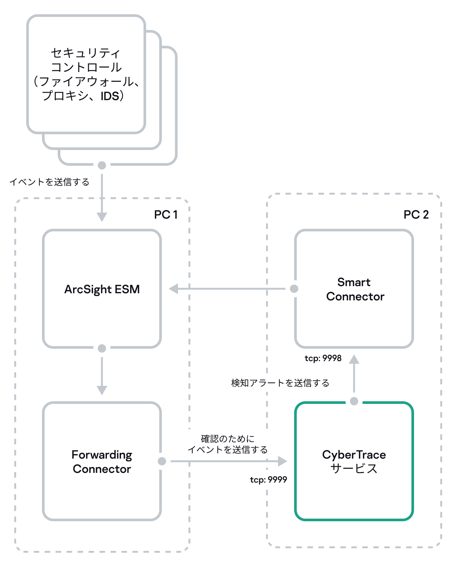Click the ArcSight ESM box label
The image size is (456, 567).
[x=102, y=289]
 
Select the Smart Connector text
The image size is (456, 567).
[x=355, y=289]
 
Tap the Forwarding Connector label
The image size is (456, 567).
[x=102, y=462]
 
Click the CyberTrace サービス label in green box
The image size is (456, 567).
[x=354, y=462]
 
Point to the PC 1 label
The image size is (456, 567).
[x=166, y=214]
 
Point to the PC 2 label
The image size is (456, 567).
[x=416, y=214]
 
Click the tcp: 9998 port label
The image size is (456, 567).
[x=323, y=358]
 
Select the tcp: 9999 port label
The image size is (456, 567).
[x=268, y=480]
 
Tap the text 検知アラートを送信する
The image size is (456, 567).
[x=280, y=383]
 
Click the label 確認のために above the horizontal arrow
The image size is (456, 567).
[x=227, y=438]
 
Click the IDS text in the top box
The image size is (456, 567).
[x=110, y=96]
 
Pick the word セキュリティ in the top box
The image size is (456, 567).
[x=85, y=53]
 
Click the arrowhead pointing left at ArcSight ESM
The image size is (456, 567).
[x=173, y=289]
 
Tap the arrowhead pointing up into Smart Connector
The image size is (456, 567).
[x=354, y=359]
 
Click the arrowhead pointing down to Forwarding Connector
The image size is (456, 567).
[x=102, y=390]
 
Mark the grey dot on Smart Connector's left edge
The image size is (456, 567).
[x=294, y=289]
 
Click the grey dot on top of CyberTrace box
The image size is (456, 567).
[x=354, y=401]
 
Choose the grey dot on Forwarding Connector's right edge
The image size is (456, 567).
[x=162, y=461]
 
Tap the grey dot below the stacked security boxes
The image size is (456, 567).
[x=102, y=165]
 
